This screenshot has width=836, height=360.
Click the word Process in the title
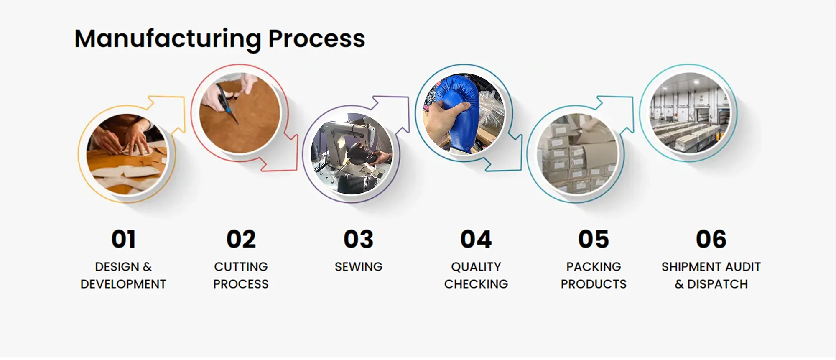[x=316, y=38]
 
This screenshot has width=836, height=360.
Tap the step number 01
[x=123, y=239]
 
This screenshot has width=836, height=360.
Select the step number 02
[x=241, y=239]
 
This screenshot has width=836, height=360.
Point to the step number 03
[x=359, y=239]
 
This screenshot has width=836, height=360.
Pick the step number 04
[x=476, y=239]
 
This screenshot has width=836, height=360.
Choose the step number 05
[x=594, y=239]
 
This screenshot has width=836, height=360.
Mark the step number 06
[x=711, y=239]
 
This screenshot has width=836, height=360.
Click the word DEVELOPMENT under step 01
[x=123, y=284]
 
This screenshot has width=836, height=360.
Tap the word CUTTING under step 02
[x=241, y=267]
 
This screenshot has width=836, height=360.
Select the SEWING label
[x=359, y=267]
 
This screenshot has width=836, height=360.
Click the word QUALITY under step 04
[x=476, y=267]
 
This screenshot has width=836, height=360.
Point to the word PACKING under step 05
[x=594, y=267]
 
